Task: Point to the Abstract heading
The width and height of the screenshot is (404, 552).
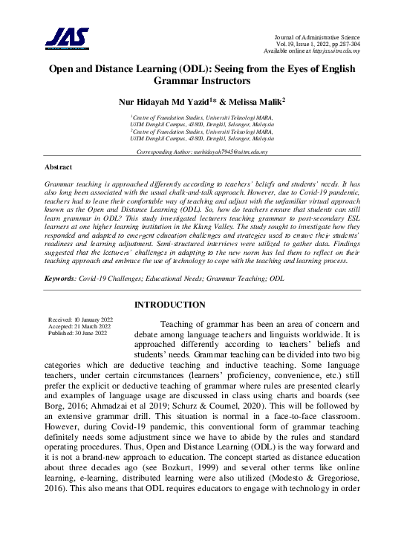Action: [59, 168]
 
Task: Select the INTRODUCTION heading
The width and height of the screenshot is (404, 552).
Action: [169, 305]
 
